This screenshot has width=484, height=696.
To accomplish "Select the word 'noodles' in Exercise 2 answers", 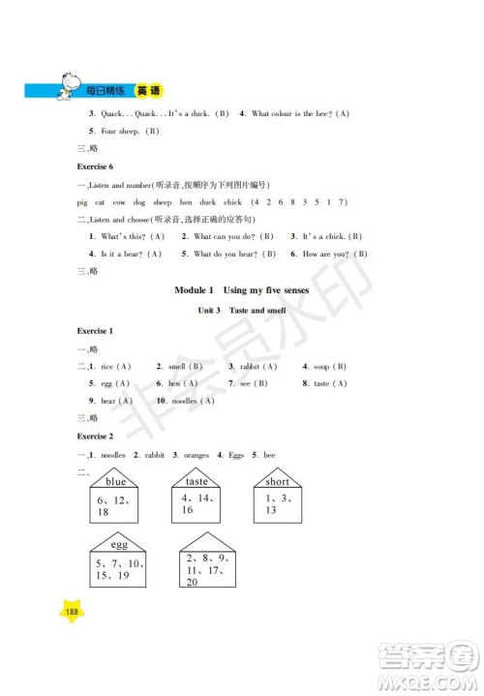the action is (113, 455).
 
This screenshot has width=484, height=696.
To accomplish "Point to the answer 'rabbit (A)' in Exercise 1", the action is (255, 367).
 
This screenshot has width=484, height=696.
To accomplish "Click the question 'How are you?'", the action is (334, 254).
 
